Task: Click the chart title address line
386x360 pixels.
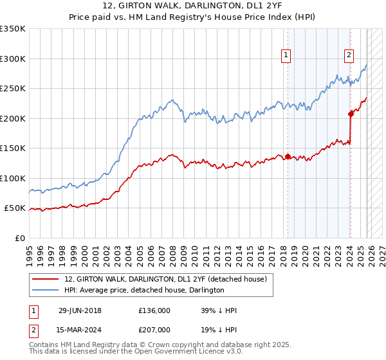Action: point(193,5)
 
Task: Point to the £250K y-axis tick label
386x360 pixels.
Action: point(13,89)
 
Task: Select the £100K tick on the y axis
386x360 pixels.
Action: point(13,178)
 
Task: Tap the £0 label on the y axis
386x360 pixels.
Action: point(19,238)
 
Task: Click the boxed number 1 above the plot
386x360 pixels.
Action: point(286,56)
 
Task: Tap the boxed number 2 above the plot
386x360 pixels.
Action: point(349,56)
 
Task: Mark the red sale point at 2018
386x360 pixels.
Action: point(288,156)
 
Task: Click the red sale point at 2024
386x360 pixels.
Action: point(351,114)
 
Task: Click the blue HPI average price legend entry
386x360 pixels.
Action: point(144,291)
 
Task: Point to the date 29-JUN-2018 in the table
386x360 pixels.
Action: point(80,310)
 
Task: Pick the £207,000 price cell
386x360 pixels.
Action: point(154,331)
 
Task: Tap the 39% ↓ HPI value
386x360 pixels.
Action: point(219,310)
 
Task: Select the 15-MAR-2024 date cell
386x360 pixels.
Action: point(80,331)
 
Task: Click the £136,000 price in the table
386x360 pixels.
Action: point(154,310)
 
